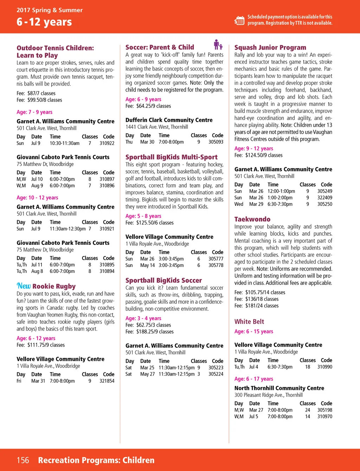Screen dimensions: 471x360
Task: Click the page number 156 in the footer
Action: (x=23, y=460)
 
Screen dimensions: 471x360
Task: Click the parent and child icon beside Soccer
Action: (x=218, y=45)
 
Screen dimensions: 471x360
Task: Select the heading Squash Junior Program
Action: (x=270, y=47)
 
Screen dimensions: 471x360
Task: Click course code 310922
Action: (x=107, y=143)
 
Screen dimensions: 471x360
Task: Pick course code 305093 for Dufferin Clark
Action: (x=216, y=142)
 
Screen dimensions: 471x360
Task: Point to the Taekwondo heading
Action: (x=252, y=219)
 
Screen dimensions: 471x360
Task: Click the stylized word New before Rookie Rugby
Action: (x=24, y=286)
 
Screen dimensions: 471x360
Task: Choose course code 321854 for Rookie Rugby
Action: (x=107, y=381)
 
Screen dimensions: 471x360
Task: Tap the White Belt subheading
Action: (x=249, y=322)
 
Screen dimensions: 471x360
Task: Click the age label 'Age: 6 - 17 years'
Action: (x=253, y=379)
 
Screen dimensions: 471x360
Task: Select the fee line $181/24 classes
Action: (x=256, y=306)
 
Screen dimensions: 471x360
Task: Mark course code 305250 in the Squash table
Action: (x=325, y=204)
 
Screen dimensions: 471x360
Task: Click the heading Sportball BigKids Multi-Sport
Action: (x=171, y=157)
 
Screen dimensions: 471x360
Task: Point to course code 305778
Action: (x=216, y=265)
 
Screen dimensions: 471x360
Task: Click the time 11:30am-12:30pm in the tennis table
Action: (x=67, y=229)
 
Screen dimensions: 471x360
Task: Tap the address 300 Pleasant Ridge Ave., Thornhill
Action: (x=268, y=395)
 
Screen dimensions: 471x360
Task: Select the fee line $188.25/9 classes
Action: (x=149, y=332)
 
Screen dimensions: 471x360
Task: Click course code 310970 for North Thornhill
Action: (x=325, y=416)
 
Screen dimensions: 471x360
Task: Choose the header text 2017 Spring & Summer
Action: (x=50, y=10)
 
